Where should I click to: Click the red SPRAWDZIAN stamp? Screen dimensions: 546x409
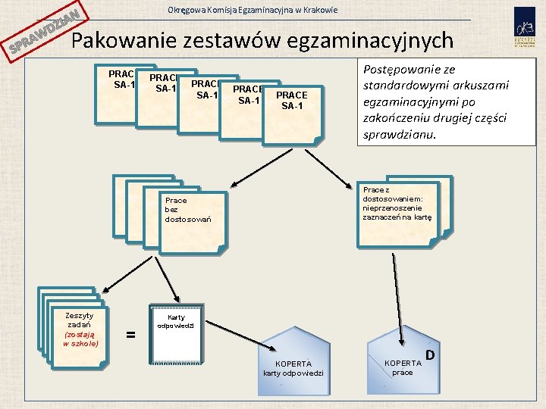coord(44,34)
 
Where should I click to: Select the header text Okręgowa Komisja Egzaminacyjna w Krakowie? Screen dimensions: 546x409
coord(253,10)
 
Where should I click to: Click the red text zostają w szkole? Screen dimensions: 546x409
coord(79,338)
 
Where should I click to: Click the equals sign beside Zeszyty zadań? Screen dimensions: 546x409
coord(130,333)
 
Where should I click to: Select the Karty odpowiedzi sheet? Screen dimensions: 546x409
coord(176,333)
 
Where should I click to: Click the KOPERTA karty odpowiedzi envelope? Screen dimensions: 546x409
coord(293,364)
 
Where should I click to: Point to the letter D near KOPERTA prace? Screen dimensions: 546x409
coord(430,354)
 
